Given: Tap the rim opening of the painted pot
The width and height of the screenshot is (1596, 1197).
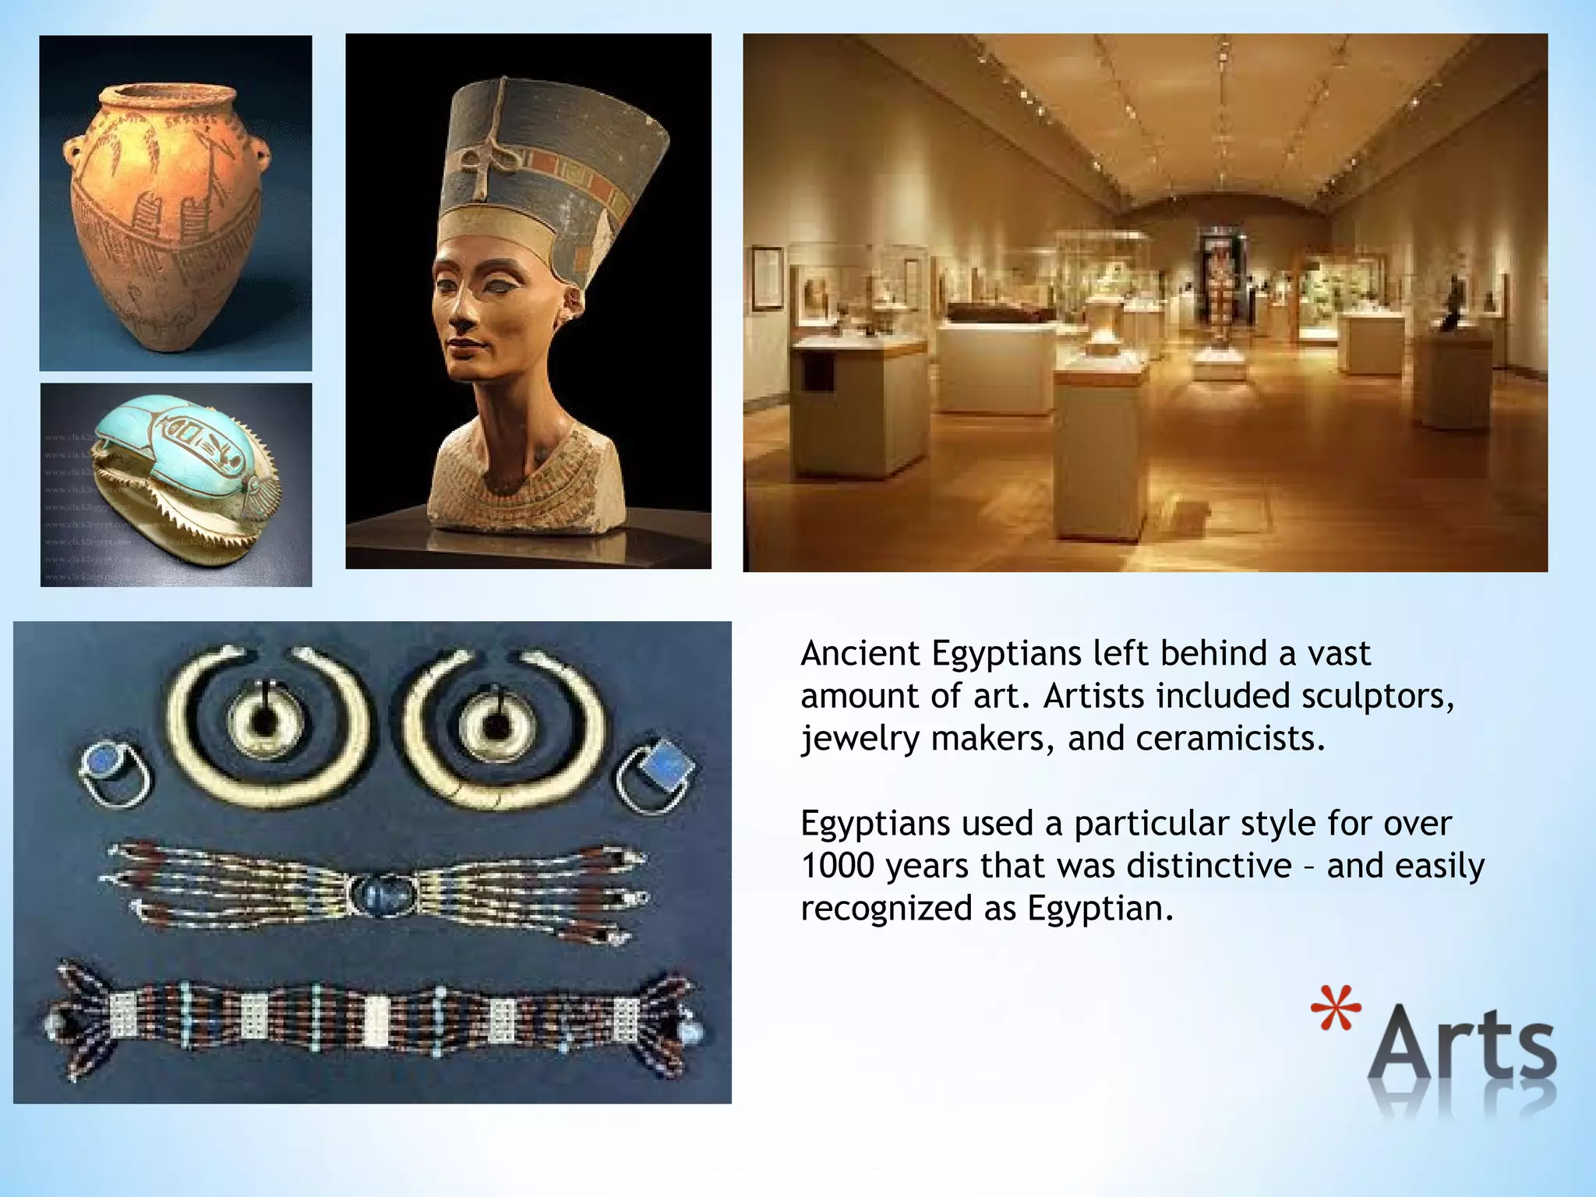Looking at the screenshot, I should (x=167, y=97).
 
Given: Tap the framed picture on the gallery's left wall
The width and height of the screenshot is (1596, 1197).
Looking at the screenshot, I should (x=768, y=277).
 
